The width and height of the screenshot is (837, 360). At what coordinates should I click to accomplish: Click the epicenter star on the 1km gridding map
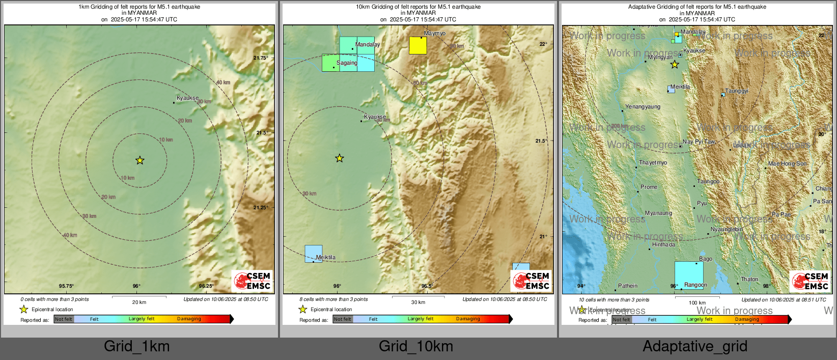click(140, 160)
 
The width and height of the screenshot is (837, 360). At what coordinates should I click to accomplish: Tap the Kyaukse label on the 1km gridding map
click(187, 98)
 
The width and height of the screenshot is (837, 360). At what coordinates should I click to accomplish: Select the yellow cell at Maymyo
click(418, 45)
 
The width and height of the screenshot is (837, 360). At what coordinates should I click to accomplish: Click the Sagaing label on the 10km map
click(347, 63)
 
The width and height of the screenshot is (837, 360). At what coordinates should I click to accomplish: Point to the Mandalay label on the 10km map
click(368, 44)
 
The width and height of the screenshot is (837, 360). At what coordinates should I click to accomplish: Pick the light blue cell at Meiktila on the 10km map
click(313, 254)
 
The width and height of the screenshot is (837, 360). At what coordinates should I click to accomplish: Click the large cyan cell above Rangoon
click(689, 275)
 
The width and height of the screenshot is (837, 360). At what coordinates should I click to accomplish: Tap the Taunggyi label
click(737, 91)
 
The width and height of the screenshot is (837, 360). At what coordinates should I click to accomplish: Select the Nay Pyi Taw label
click(699, 142)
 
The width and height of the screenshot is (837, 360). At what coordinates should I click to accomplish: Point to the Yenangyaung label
click(643, 107)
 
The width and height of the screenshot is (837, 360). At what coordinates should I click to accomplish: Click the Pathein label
click(628, 286)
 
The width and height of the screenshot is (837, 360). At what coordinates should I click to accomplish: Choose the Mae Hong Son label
click(787, 164)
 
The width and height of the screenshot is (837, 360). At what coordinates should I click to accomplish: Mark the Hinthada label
click(664, 245)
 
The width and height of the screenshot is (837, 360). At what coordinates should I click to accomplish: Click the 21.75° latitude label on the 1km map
click(260, 58)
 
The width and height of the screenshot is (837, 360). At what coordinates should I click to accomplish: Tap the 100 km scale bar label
click(697, 302)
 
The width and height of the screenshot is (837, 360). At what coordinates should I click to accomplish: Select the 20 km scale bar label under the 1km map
click(139, 302)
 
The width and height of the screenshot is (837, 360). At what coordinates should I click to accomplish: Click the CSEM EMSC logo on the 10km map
click(531, 281)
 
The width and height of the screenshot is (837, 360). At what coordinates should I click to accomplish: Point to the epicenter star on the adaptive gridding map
click(675, 65)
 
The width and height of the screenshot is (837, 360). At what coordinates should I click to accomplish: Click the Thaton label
click(749, 280)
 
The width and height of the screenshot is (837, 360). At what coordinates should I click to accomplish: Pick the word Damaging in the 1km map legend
click(189, 319)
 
